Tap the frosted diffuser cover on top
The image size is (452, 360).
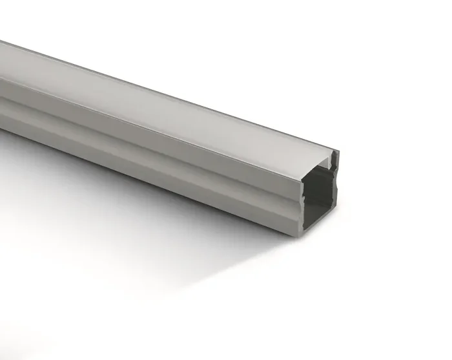click(x=161, y=103)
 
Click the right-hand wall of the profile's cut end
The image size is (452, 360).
click(x=334, y=194)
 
